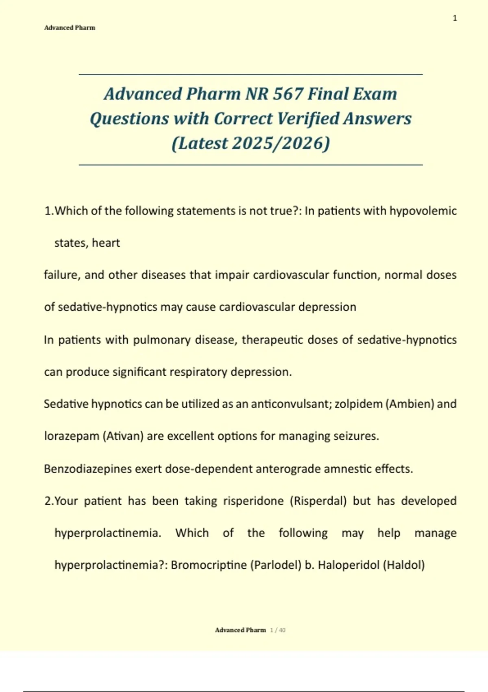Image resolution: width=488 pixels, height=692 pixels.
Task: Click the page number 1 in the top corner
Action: pyautogui.click(x=455, y=18)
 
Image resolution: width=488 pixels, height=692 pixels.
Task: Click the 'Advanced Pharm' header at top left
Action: pyautogui.click(x=70, y=28)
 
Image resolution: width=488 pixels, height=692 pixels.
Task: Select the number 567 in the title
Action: pyautogui.click(x=288, y=94)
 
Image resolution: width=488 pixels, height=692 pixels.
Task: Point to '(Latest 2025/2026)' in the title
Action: pyautogui.click(x=251, y=143)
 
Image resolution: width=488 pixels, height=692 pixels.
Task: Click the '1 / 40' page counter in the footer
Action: pyautogui.click(x=278, y=630)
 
